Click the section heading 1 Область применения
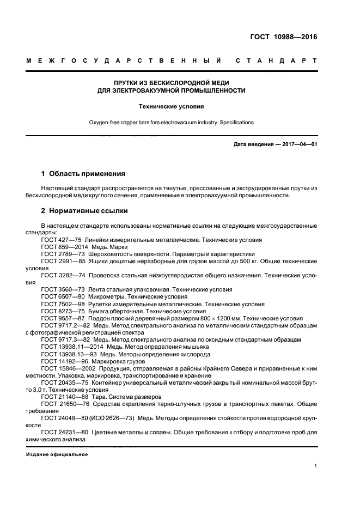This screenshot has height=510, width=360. (83, 174)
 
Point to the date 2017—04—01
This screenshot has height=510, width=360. (298, 144)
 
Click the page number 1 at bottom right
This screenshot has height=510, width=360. (315, 466)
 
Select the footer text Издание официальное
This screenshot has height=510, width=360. (57, 454)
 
